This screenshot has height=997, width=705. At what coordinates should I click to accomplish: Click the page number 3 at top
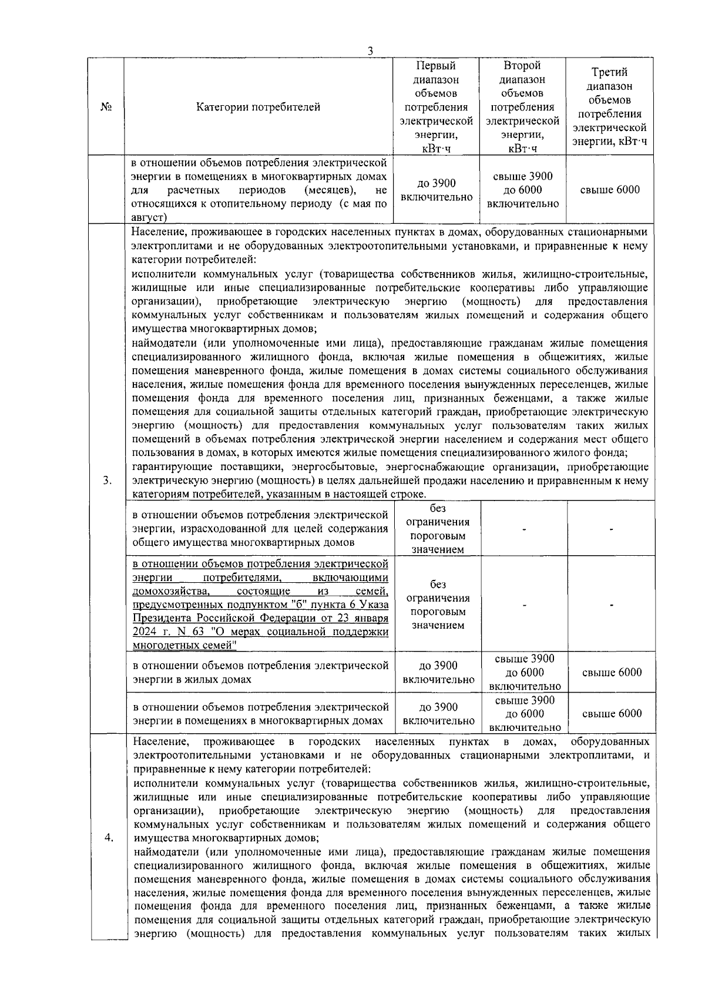click(x=370, y=51)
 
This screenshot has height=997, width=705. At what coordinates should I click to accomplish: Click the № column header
click(x=106, y=107)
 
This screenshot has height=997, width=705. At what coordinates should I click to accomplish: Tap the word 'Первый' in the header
click(x=436, y=66)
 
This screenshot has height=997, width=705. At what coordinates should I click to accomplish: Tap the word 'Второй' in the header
click(x=522, y=66)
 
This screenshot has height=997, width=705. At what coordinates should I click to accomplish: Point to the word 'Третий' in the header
click(x=609, y=72)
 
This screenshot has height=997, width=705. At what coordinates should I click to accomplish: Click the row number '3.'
click(x=107, y=481)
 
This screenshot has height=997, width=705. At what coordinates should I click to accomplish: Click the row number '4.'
click(x=108, y=838)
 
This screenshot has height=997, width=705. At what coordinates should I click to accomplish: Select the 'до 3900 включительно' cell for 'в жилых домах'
click(x=438, y=673)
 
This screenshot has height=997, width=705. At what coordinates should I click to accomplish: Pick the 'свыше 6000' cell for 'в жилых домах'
click(x=612, y=673)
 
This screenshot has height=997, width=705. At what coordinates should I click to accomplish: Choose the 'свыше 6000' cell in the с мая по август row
click(x=610, y=190)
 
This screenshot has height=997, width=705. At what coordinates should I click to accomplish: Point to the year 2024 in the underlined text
click(x=144, y=632)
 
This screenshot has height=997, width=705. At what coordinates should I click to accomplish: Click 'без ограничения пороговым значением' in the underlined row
click(x=438, y=605)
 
